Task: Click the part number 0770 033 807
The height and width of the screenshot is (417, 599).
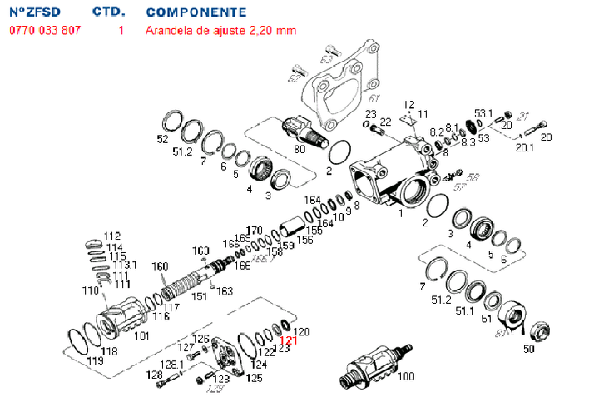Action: pos(46,31)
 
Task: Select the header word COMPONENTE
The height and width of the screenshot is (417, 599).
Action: pos(196,12)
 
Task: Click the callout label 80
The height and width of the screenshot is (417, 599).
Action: pos(299,150)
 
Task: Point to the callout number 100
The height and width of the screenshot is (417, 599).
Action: pos(405,377)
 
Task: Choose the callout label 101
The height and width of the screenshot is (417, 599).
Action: pos(141,337)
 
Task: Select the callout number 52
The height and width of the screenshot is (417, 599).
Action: pos(163,138)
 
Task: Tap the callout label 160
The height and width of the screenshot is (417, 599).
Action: pos(160,266)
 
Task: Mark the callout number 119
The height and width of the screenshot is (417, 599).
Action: pos(96,363)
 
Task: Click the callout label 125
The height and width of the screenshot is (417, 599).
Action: pos(254,378)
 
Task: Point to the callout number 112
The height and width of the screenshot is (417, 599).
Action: pos(112,236)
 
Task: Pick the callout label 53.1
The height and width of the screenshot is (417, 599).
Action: pos(483,113)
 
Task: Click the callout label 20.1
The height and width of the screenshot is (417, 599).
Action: pos(524,149)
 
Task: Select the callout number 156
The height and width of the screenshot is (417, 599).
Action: pos(305,239)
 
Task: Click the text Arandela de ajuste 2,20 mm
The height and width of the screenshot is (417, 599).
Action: pos(220,31)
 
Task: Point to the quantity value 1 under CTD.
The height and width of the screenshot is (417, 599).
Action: pos(121,31)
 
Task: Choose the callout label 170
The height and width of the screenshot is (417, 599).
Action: pos(254,231)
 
